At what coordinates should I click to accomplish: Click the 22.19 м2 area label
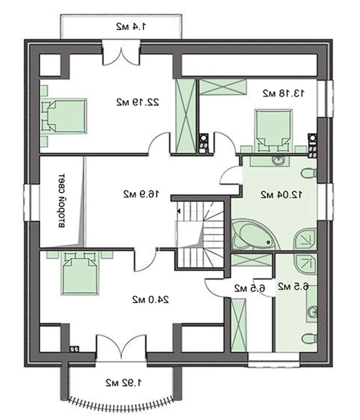138,102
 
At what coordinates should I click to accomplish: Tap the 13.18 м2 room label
284,93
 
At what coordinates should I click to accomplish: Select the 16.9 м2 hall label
141,194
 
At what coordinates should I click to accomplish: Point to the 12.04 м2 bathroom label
282,194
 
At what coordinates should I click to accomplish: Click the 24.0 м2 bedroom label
151,299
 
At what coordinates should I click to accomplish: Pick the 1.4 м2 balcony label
131,26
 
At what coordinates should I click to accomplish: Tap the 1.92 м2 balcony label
124,383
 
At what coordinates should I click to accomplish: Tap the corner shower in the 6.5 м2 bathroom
306,262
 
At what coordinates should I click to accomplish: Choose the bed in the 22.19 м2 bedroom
64,116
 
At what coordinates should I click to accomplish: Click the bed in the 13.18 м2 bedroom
273,128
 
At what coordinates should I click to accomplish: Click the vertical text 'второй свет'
62,201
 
